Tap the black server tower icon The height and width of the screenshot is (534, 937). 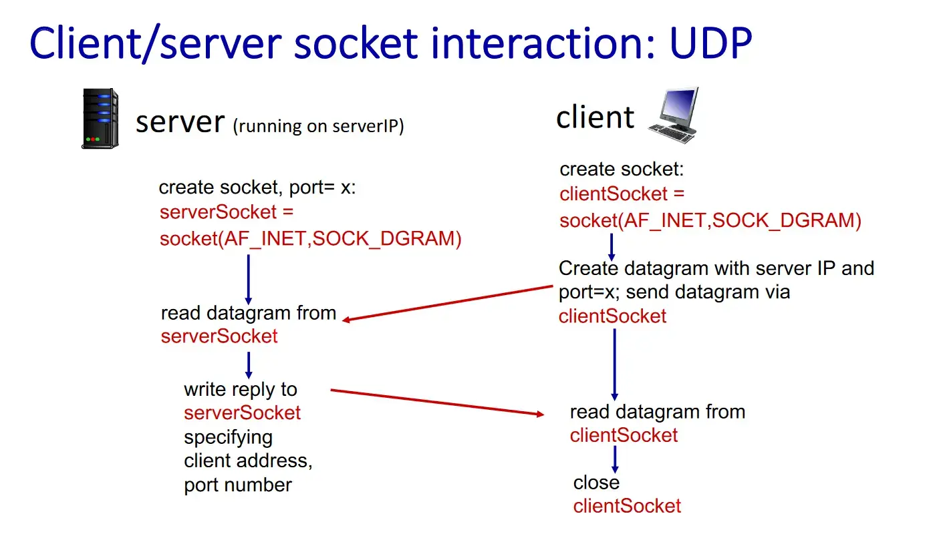coord(100,119)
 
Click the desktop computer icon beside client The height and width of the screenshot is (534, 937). coord(674,115)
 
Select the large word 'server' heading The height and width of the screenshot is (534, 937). coord(180,122)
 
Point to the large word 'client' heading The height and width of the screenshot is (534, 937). coord(595,117)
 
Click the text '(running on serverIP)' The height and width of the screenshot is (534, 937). coord(318,126)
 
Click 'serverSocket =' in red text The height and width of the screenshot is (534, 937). coord(227,212)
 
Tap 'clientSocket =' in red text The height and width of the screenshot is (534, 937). coord(622,194)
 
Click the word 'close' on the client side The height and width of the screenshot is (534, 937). coord(596,482)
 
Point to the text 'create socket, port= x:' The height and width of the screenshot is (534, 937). coord(257,188)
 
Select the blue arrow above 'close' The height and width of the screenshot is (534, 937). coord(615,459)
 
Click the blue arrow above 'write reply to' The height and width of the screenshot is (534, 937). coord(249,365)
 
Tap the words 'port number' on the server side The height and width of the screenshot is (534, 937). coord(238,485)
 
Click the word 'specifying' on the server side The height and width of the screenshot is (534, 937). coord(228,437)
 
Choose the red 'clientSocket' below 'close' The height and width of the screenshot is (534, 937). coord(627,506)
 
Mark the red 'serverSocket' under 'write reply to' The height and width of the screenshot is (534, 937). coord(242,413)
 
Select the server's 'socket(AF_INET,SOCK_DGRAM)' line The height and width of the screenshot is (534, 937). coord(311,238)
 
